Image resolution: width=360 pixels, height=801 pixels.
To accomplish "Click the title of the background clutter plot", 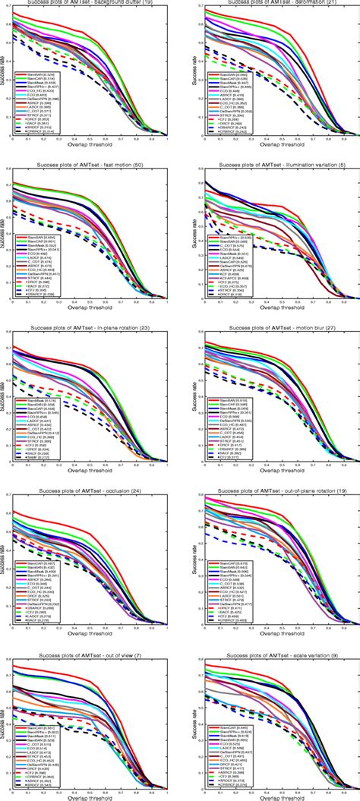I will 90,3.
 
